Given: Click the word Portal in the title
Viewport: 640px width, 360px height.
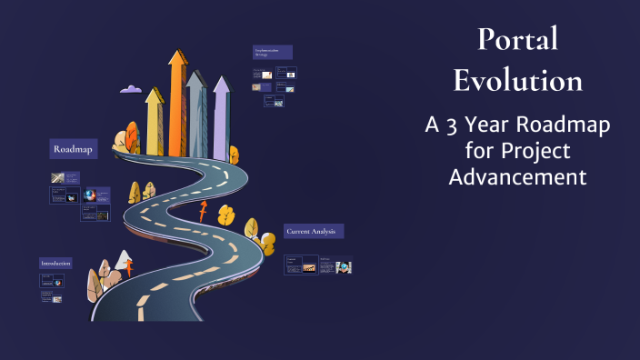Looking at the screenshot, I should (518, 39).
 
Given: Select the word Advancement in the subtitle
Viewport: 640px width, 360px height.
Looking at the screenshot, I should (518, 175).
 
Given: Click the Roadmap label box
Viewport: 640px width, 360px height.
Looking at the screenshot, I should (74, 148).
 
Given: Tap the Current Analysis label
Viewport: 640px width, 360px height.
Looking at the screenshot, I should (313, 232).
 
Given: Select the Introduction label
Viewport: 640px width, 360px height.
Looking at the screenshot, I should (55, 263).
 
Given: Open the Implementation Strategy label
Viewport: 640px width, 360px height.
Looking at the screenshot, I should (273, 52).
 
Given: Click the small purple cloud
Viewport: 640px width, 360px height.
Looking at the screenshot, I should (131, 89).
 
